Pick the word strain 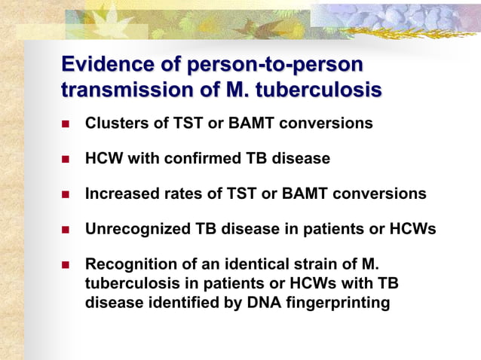313,265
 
